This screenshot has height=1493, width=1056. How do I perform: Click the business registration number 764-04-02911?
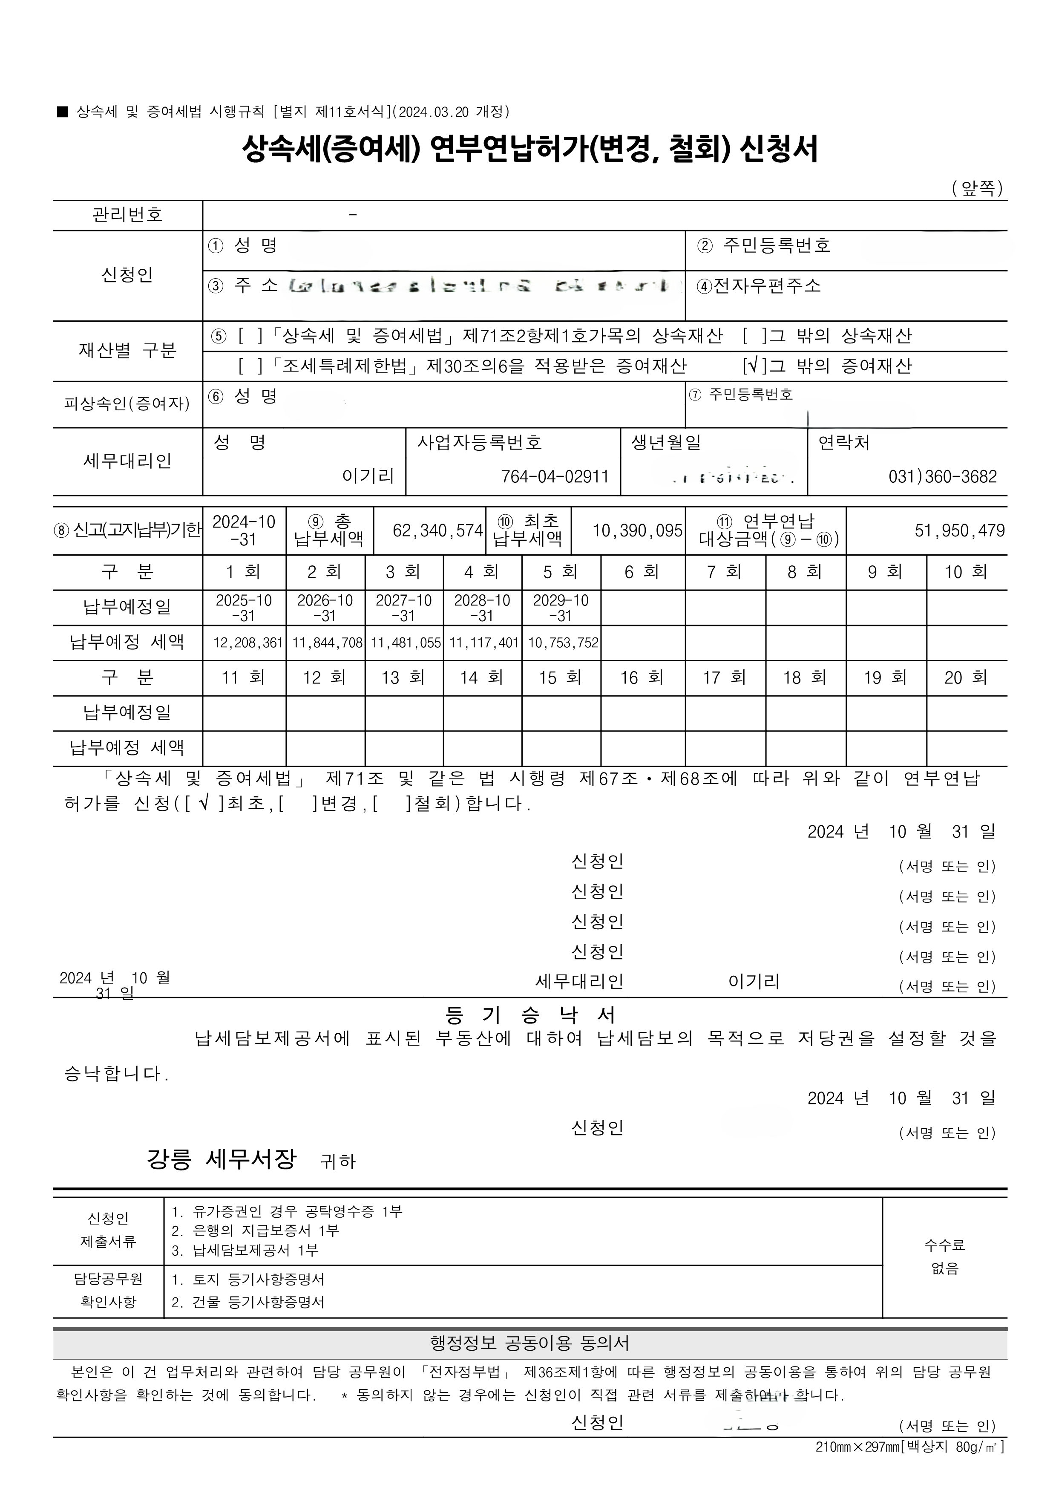(x=555, y=477)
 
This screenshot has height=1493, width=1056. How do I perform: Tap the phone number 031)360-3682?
(x=942, y=477)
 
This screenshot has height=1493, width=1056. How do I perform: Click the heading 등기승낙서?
(x=530, y=1016)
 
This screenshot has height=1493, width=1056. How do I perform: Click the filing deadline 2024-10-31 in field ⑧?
(x=244, y=530)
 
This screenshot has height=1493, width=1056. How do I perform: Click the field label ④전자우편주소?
(x=759, y=286)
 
